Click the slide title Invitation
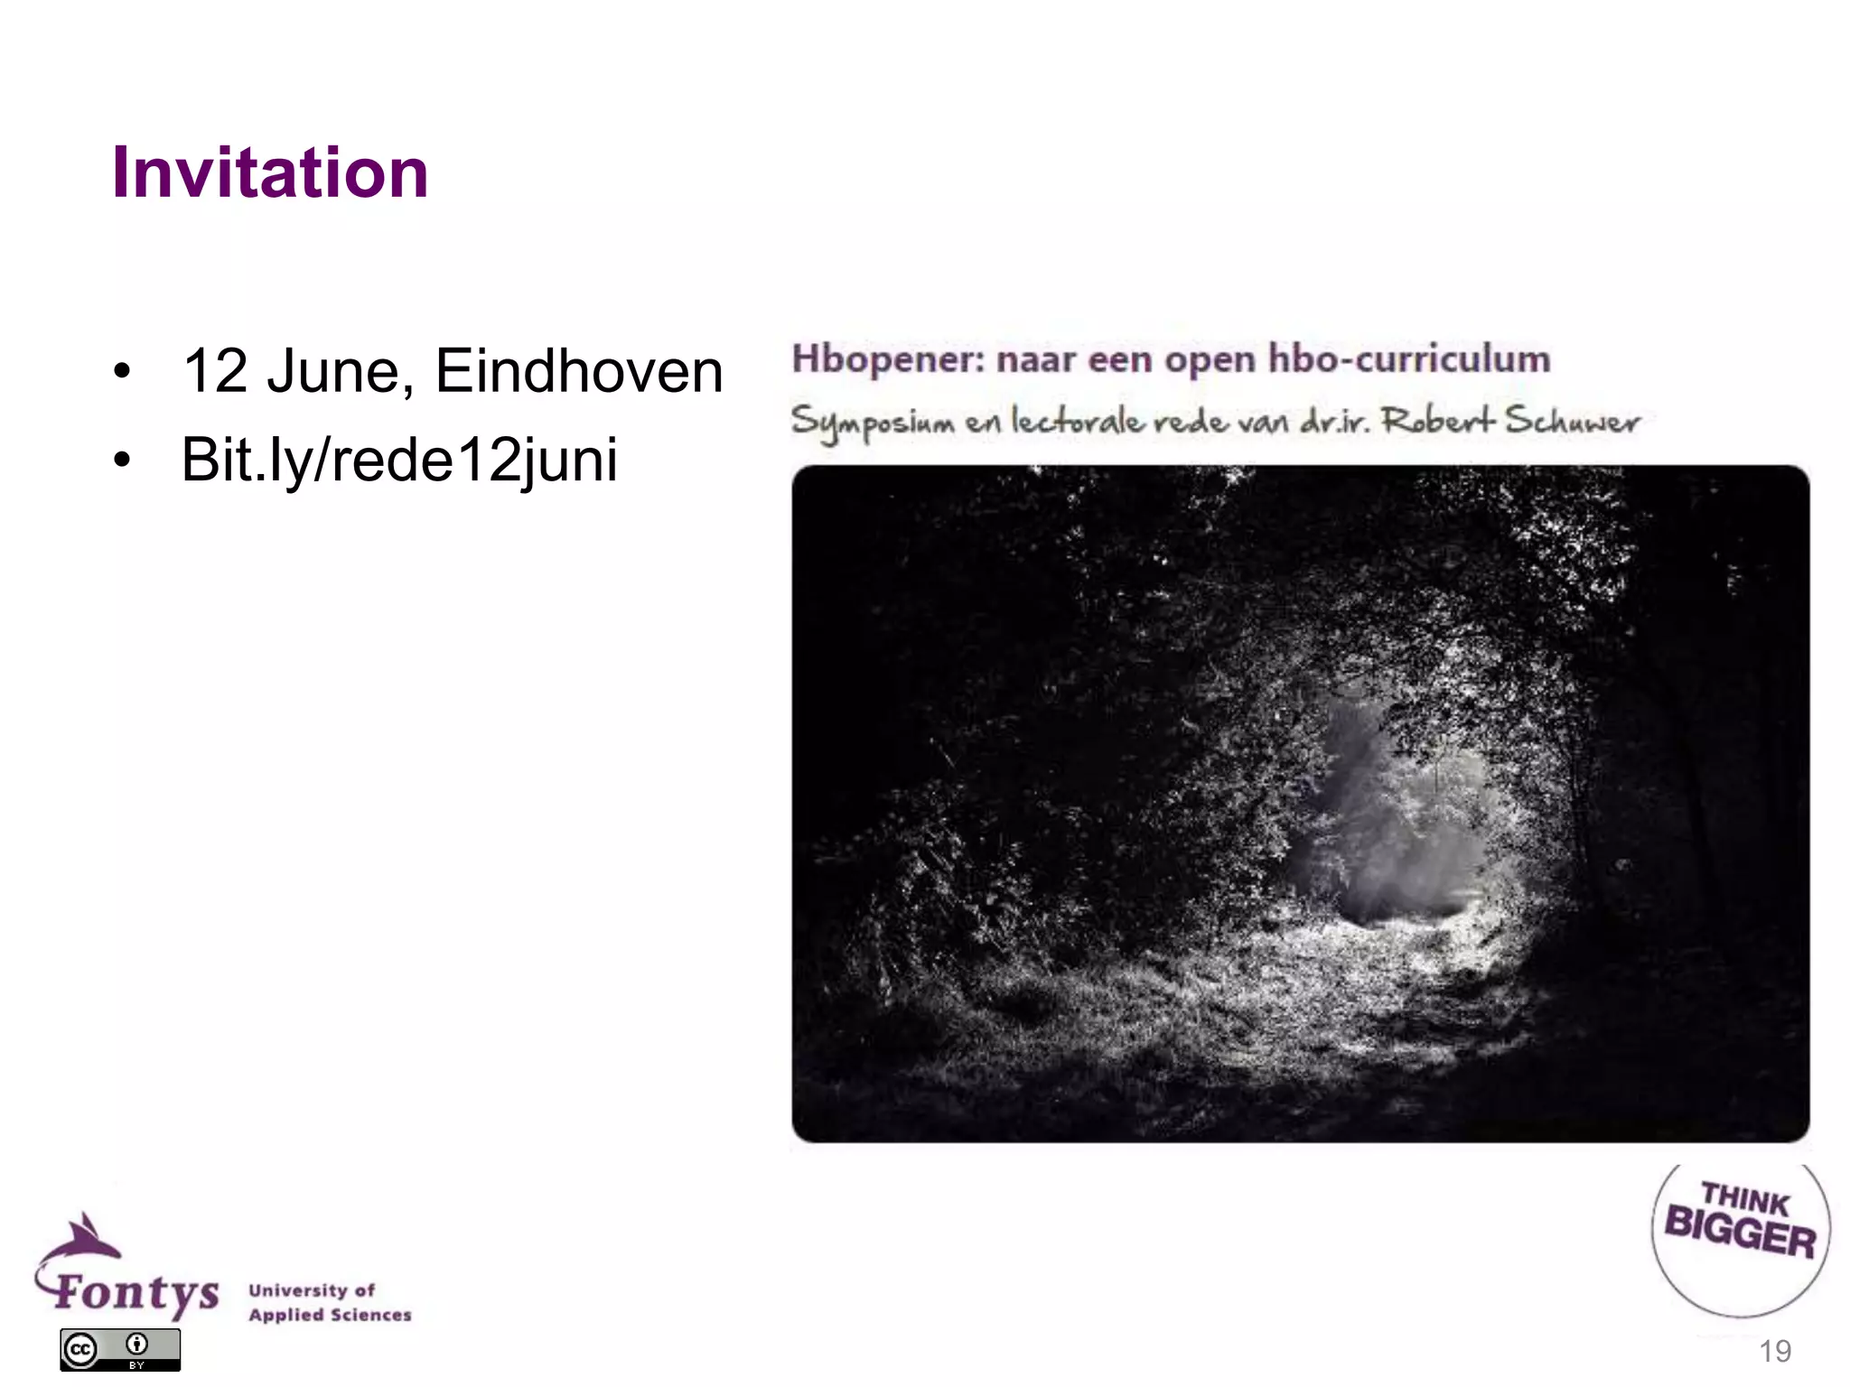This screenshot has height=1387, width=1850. [269, 172]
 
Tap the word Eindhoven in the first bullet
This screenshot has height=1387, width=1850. [579, 371]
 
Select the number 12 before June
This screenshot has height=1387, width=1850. [215, 371]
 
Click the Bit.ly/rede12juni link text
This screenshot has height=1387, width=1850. [399, 460]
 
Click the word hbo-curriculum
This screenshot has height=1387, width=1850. [1409, 358]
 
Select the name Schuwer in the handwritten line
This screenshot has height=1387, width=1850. [1572, 421]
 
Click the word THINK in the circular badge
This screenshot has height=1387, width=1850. [1744, 1199]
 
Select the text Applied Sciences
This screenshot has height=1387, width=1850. [330, 1315]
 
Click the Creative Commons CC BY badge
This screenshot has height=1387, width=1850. [120, 1350]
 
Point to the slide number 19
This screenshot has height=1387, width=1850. [1775, 1352]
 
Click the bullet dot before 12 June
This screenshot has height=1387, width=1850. [122, 372]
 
